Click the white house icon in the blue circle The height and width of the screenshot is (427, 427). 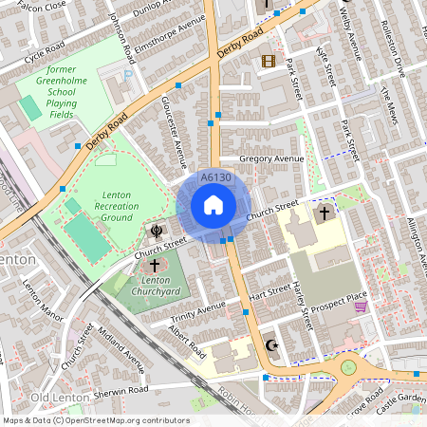[213, 205]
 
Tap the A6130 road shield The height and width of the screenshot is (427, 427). [215, 177]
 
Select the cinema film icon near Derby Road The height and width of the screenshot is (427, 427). [269, 61]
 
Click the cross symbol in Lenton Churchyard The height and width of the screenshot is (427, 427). [155, 267]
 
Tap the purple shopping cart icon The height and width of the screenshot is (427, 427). [360, 320]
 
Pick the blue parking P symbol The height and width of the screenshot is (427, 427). [129, 74]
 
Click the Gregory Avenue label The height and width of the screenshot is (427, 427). [271, 158]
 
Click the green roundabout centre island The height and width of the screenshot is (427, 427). [348, 365]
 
